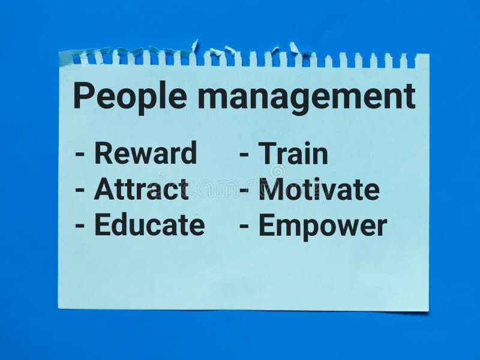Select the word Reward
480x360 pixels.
145,153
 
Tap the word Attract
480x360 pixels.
141,190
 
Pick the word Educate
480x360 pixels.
149,226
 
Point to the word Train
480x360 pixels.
293,154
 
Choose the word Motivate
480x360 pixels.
319,190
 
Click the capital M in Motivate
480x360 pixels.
271,190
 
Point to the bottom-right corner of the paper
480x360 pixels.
428,311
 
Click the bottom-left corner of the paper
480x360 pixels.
59,308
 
